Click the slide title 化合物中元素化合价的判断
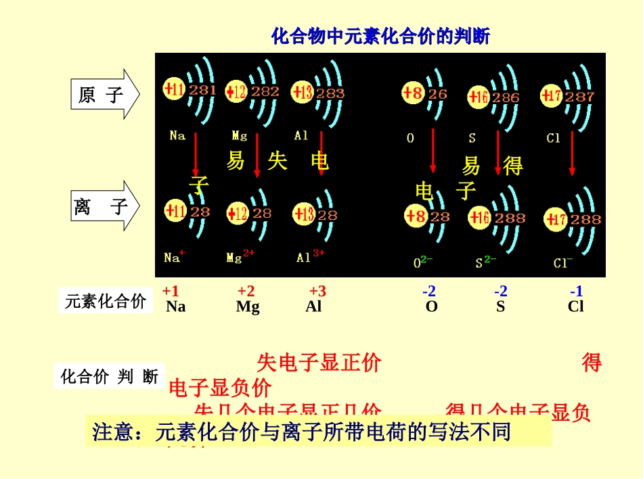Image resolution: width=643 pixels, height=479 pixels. (380, 36)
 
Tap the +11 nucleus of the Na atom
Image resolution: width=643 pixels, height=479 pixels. (175, 89)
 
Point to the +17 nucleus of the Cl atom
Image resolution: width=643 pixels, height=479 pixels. (552, 96)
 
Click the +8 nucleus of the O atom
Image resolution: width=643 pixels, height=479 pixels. (413, 93)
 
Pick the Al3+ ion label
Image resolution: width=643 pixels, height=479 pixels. (310, 257)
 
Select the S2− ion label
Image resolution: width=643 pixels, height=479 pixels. (485, 262)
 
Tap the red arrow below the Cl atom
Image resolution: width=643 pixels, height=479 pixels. (572, 154)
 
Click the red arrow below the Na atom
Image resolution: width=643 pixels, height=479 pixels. (196, 154)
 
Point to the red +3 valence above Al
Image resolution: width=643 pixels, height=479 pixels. (317, 292)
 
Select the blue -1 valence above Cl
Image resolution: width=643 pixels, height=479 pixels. (576, 292)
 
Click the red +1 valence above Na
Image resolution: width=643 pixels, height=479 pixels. (171, 292)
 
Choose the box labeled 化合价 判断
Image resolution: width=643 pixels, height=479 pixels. (109, 376)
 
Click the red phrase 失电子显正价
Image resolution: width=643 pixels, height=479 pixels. (319, 363)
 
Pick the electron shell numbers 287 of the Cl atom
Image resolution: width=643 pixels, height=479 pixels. (579, 97)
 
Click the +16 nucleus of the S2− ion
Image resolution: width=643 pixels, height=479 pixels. (480, 218)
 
